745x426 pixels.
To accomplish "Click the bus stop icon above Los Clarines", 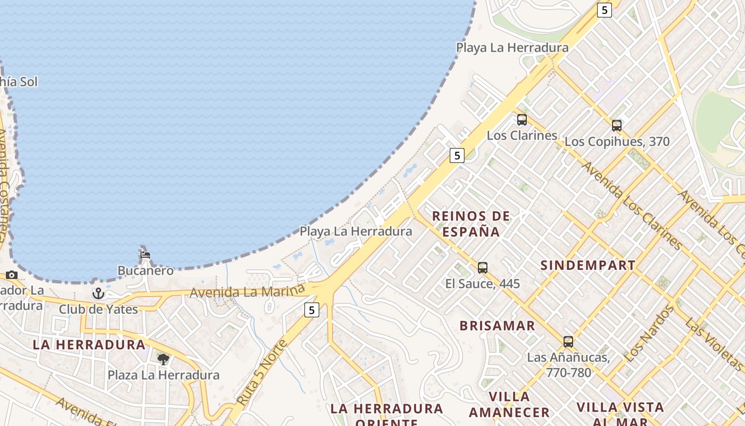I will point(521,120).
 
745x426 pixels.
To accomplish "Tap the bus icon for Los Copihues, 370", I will point(616,126).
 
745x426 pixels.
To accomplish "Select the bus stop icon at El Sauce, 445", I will point(482,267).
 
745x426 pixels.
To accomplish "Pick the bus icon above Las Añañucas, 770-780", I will point(568,341).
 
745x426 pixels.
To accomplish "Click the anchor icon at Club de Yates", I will point(98,293).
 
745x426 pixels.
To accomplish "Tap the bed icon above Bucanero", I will point(145,255).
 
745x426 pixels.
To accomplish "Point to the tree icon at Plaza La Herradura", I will point(163,359).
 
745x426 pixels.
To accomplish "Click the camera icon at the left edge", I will point(12,275).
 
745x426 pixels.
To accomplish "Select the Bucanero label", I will point(145,271).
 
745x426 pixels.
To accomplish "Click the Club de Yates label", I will point(98,309).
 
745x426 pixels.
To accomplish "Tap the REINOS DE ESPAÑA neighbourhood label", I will point(471,224).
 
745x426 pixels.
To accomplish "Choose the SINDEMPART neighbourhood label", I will point(587,265).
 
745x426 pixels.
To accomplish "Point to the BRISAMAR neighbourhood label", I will point(497,326).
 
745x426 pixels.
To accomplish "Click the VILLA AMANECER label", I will point(509,404).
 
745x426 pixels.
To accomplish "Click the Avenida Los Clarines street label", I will point(632,206).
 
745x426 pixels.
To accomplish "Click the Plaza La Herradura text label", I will point(163,375).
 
